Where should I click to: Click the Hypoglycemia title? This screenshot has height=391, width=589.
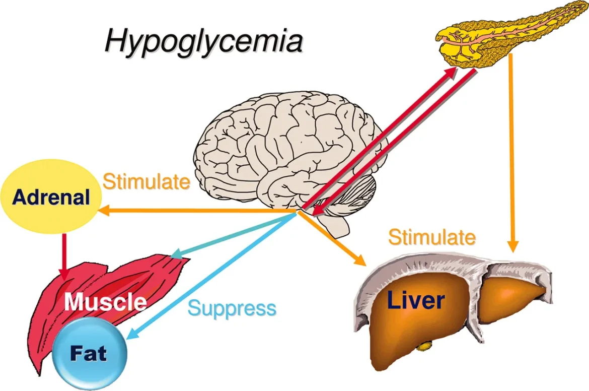coord(203,42)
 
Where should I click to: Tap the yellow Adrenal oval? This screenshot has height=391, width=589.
coord(51,197)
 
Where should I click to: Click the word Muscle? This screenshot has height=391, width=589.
coord(106,302)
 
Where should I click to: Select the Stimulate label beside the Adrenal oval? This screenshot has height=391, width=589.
coord(146,182)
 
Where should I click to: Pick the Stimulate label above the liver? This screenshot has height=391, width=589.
coord(432,237)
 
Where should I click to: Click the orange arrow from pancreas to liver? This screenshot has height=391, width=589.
coord(512,151)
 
